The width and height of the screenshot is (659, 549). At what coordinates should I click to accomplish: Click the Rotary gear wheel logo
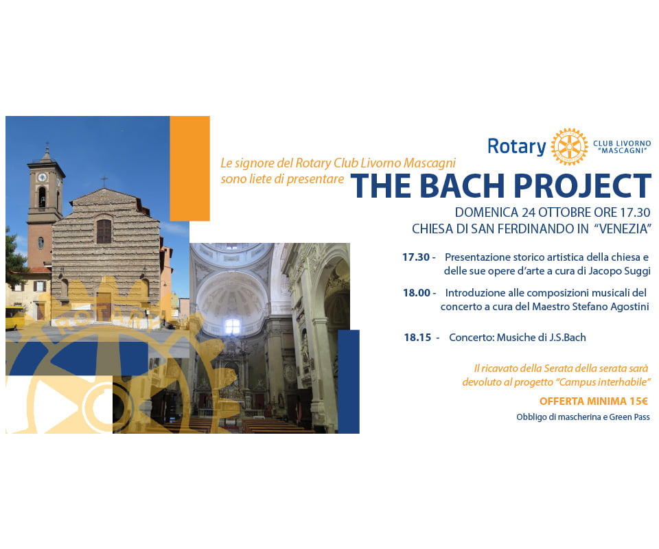pos(569,147)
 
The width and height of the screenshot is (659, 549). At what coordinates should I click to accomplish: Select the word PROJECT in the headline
pos(582,186)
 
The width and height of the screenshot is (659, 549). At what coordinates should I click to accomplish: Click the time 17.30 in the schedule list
pos(416,257)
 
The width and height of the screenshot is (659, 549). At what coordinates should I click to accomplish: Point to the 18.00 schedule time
pos(417,292)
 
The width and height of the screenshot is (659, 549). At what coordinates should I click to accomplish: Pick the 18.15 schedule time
pos(417,337)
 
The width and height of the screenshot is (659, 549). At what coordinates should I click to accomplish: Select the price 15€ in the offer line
pos(638,401)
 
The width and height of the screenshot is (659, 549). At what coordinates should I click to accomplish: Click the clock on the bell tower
pos(43,177)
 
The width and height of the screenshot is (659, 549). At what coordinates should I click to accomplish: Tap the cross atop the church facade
pos(104,181)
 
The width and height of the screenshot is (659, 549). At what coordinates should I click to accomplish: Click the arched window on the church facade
pos(104,231)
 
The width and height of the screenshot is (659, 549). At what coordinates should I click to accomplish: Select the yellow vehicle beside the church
pos(14,317)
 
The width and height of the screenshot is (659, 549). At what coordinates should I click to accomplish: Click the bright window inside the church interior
pos(232,327)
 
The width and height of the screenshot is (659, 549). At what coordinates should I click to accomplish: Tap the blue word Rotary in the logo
pos(516,147)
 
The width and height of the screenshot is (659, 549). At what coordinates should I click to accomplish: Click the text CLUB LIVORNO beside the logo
pos(622,143)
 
